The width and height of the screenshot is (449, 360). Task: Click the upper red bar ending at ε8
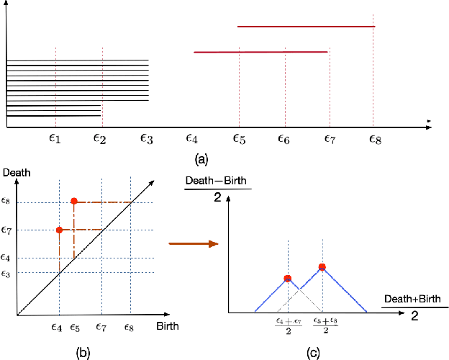click(x=307, y=27)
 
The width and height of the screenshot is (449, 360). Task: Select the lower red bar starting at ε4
click(x=260, y=52)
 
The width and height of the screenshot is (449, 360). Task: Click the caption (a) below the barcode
click(x=201, y=157)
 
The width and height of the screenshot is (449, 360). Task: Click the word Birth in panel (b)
click(x=167, y=325)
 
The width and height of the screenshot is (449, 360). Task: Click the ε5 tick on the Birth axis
click(x=75, y=327)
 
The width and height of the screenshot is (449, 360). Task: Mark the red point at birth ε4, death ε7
click(x=59, y=230)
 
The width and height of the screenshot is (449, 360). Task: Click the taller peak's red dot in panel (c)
click(x=322, y=267)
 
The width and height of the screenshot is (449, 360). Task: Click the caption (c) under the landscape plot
click(x=314, y=353)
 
